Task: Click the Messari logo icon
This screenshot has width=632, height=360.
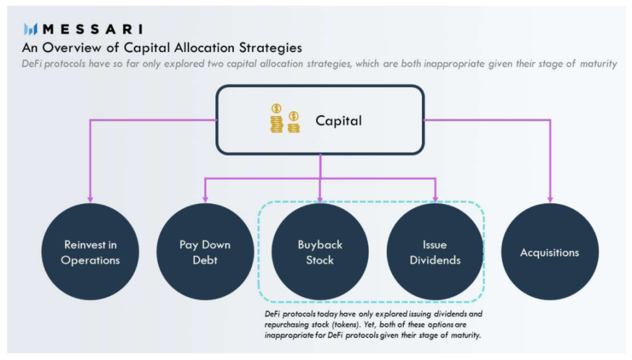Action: [x=31, y=29]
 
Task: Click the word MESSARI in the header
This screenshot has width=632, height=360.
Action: [x=93, y=29]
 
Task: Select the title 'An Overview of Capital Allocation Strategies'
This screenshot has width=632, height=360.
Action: [x=162, y=48]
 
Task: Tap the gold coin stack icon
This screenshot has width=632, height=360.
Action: [x=285, y=119]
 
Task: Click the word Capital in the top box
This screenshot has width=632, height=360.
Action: [x=339, y=120]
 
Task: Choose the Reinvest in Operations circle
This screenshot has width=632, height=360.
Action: [x=90, y=252]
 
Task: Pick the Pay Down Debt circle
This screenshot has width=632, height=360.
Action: [x=205, y=252]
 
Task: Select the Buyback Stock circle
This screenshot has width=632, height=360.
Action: [x=320, y=252]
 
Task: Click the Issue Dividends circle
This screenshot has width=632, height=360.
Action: [x=435, y=252]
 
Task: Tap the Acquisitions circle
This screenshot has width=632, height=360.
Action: [x=549, y=252]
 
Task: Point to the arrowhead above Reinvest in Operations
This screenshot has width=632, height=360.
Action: [x=90, y=198]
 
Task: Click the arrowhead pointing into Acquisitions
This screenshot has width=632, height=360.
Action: [x=550, y=198]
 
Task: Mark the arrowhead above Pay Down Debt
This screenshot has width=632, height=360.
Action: [x=205, y=198]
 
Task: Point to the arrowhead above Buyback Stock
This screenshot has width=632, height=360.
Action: [x=320, y=198]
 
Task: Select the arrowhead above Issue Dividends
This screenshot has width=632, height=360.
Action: [x=435, y=198]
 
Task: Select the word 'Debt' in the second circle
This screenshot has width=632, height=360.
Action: [x=205, y=260]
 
